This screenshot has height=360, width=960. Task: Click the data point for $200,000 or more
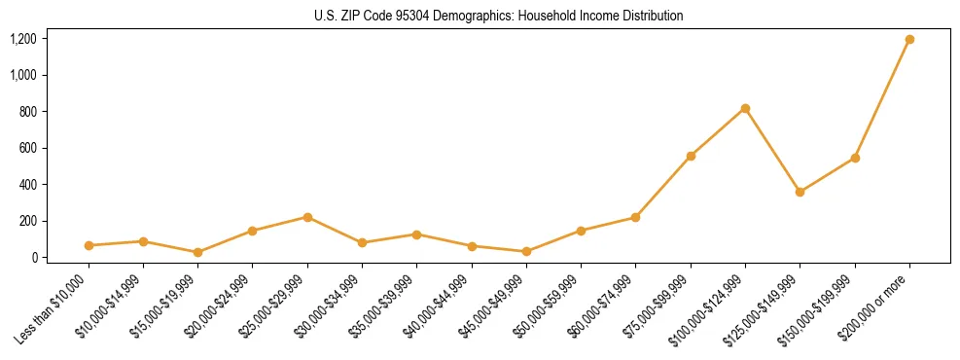click(x=909, y=39)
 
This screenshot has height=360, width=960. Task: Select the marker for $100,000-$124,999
click(x=745, y=108)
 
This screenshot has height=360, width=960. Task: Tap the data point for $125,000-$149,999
click(x=800, y=192)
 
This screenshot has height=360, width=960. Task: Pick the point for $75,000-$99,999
click(x=691, y=156)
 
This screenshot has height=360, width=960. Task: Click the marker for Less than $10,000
click(x=89, y=245)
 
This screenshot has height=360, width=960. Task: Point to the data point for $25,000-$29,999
click(x=307, y=217)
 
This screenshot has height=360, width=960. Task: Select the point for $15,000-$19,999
click(x=197, y=252)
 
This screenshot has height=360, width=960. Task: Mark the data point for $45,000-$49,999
click(x=526, y=251)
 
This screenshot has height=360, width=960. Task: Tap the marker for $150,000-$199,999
click(x=855, y=158)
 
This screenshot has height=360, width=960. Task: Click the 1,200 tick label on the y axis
click(x=23, y=39)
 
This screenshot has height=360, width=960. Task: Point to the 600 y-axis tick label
click(x=28, y=148)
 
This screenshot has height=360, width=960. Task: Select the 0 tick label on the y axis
click(x=35, y=258)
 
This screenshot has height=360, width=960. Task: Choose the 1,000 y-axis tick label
click(x=23, y=75)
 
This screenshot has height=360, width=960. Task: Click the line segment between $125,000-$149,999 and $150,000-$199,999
click(x=827, y=175)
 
